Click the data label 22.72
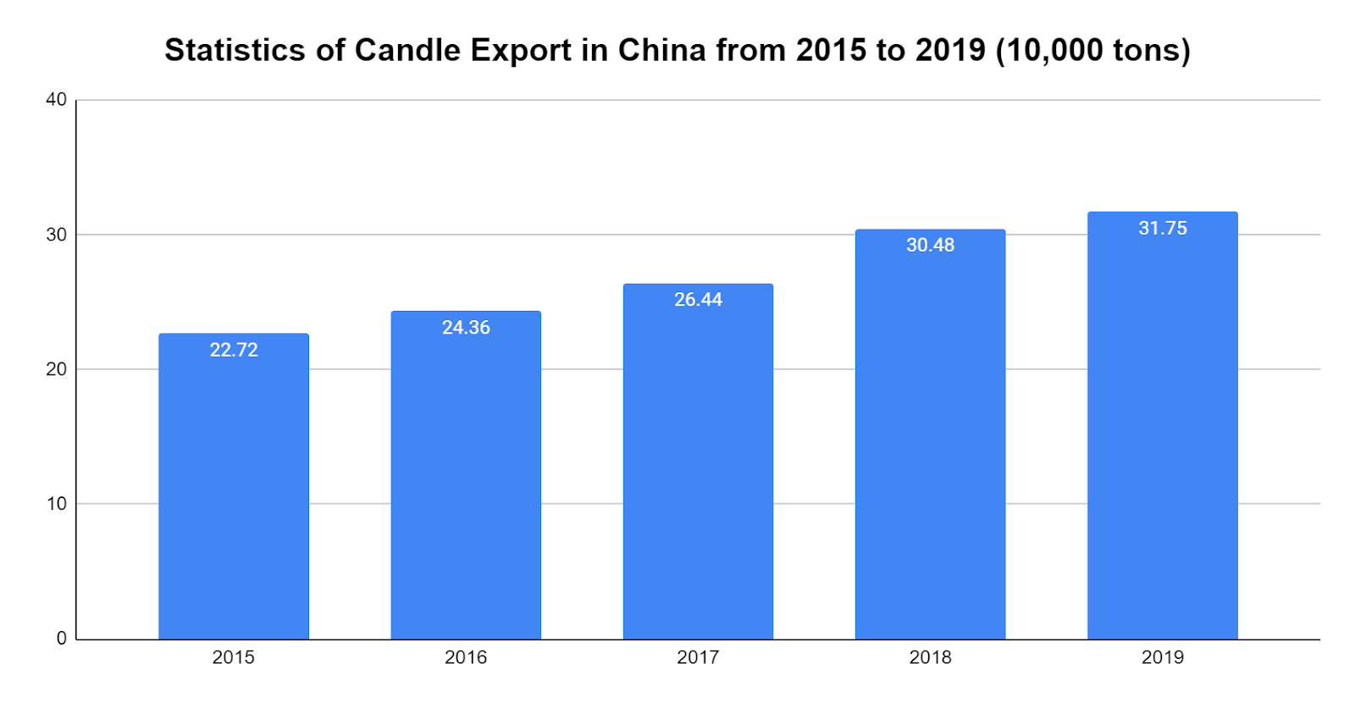click(x=234, y=350)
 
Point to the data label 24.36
click(x=466, y=328)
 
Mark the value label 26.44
click(x=698, y=300)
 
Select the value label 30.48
click(x=930, y=246)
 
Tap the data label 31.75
click(x=1162, y=229)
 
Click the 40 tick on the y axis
click(x=56, y=100)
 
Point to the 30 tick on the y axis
click(x=56, y=235)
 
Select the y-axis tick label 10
click(x=56, y=504)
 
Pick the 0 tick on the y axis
click(x=61, y=639)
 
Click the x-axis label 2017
click(x=698, y=657)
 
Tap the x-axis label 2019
click(x=1162, y=657)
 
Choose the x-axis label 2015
click(x=234, y=657)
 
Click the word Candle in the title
click(x=407, y=51)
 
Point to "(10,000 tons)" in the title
click(x=1092, y=51)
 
